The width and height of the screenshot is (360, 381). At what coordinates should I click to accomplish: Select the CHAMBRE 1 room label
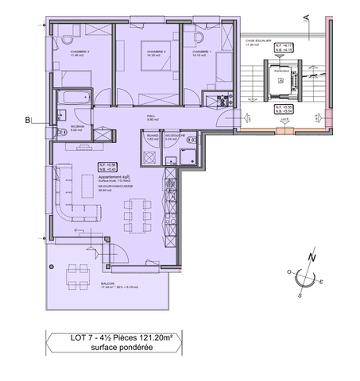(x=199, y=52)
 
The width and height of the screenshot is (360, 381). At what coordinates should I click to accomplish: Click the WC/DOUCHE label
(x=175, y=135)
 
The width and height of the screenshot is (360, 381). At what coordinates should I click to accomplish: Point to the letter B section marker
(x=29, y=121)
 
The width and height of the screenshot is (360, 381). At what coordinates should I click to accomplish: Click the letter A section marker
(x=306, y=13)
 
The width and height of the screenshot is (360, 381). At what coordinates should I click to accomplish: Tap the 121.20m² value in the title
(x=150, y=339)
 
